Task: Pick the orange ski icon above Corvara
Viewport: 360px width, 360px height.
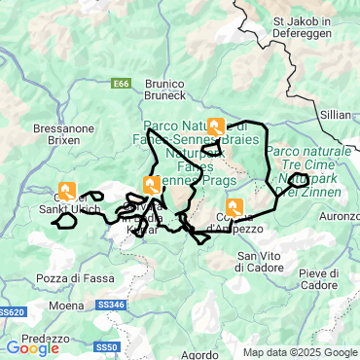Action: coord(152,185)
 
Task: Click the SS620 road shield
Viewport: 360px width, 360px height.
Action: coord(12,312)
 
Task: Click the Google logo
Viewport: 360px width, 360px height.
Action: coord(32,347)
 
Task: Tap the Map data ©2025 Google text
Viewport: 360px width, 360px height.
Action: coord(300,352)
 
